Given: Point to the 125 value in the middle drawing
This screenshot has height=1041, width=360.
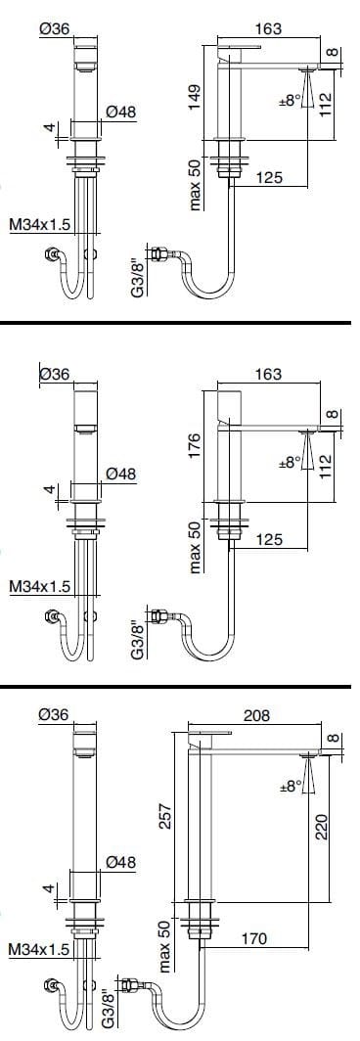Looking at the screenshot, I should (x=269, y=538).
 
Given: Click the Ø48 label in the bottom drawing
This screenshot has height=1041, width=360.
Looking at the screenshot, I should (x=119, y=863).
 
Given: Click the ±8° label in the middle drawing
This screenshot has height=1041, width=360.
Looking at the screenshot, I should (x=290, y=461).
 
